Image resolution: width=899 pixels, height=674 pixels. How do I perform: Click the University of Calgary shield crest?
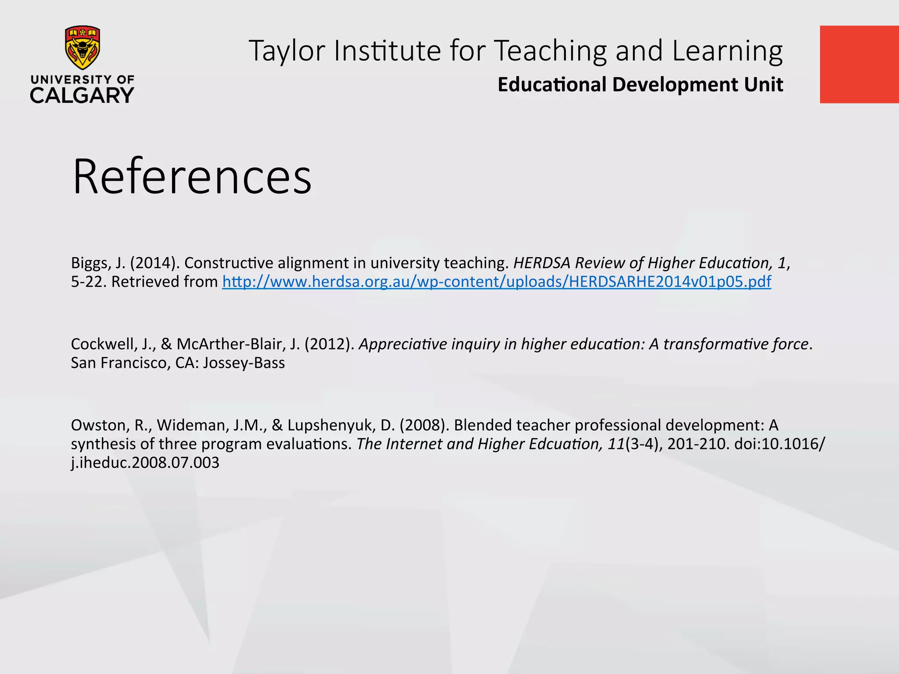coord(83,47)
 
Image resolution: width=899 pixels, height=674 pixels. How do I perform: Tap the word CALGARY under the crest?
coord(82,95)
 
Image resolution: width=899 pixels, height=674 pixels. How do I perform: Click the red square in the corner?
coord(859,65)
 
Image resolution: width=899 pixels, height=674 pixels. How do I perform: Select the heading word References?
coord(192,176)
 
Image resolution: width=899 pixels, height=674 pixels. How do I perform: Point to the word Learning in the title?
coord(727,51)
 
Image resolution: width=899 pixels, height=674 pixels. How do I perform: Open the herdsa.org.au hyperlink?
coord(496,282)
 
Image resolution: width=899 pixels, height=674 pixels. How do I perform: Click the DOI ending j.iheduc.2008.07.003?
coord(145,463)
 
